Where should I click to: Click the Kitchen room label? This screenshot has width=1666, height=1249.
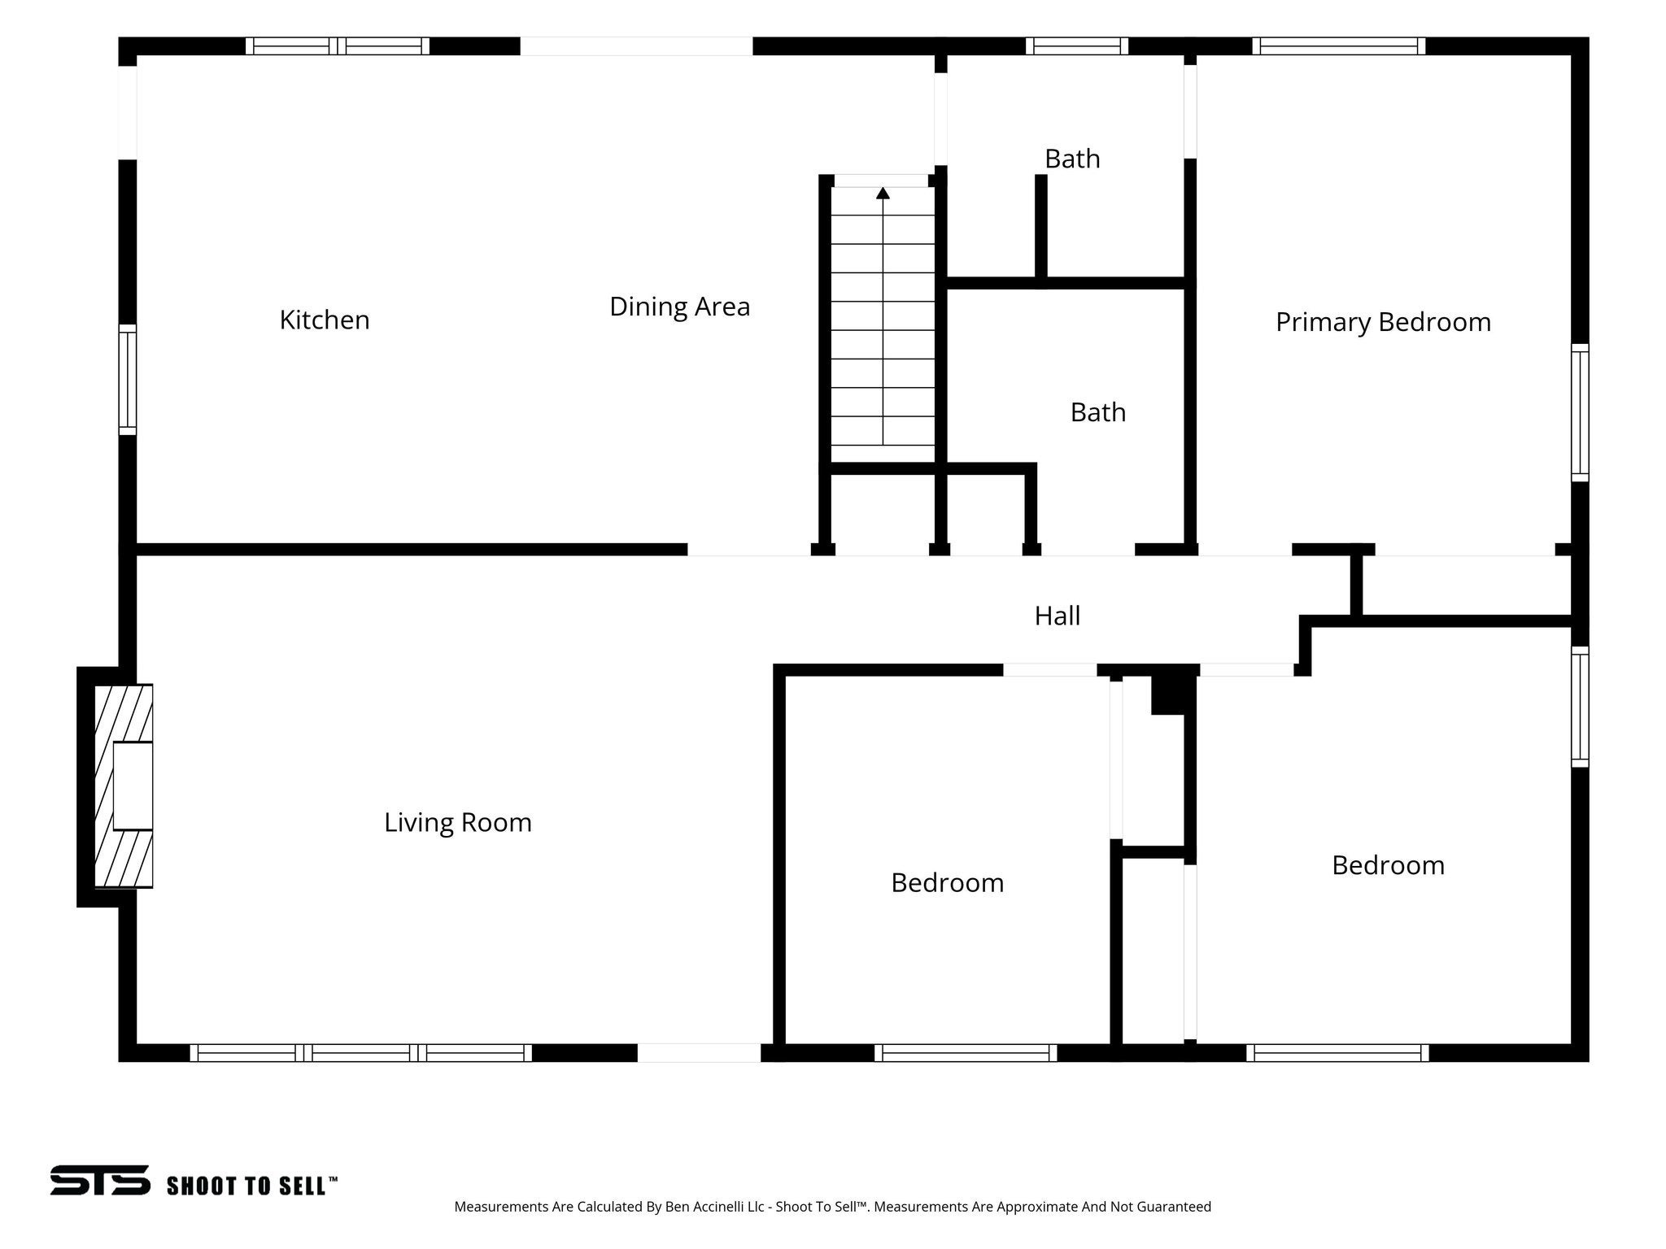tap(325, 320)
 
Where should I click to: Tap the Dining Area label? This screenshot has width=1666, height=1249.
tap(679, 307)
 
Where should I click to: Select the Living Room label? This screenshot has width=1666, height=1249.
tap(458, 823)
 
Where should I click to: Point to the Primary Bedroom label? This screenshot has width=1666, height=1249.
tap(1383, 322)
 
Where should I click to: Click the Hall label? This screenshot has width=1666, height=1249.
tap(1058, 616)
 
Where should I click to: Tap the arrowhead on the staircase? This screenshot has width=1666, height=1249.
tap(883, 193)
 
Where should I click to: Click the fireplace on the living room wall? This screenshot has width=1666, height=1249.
tap(124, 786)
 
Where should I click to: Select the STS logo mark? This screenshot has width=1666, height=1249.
tap(100, 1180)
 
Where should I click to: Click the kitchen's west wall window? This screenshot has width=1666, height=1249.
tap(128, 379)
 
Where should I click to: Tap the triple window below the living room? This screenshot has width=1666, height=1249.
tap(361, 1053)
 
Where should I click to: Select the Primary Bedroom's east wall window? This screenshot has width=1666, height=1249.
tap(1580, 412)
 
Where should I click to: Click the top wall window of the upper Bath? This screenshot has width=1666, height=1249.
tap(1076, 46)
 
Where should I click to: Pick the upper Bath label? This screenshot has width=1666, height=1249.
tap(1072, 159)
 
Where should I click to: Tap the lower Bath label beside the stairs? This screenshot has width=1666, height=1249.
tap(1098, 412)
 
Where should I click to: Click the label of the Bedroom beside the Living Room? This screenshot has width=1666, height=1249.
tap(948, 883)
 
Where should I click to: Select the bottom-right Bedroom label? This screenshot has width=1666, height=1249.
tap(1388, 865)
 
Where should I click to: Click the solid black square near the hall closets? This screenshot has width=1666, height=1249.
tap(1170, 694)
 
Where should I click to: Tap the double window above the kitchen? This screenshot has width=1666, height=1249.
tap(338, 46)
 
